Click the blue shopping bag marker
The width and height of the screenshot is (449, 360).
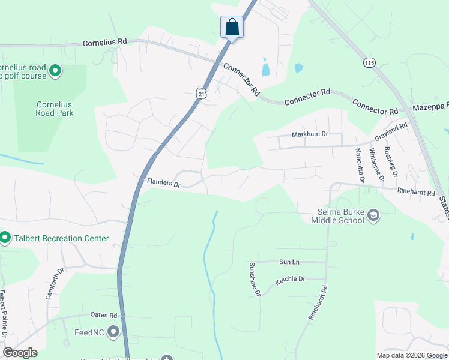click(x=232, y=28)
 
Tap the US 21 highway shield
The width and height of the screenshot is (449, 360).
click(x=201, y=93)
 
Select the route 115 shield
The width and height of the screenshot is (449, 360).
click(x=369, y=62)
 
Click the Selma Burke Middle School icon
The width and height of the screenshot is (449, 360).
click(x=373, y=215)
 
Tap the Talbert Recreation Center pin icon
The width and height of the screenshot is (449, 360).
click(x=5, y=238)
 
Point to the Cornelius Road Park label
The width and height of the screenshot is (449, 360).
click(x=54, y=108)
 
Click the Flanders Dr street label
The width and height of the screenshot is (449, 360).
click(x=164, y=182)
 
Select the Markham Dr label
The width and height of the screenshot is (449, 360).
click(x=310, y=134)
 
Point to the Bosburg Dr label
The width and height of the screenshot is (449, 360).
click(x=391, y=162)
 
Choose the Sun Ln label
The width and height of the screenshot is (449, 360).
click(x=289, y=262)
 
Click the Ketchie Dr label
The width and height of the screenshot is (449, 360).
click(x=290, y=280)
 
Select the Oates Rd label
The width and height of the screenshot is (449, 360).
click(x=103, y=315)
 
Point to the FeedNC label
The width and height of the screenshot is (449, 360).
click(x=91, y=332)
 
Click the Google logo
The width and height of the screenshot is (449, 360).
click(x=20, y=353)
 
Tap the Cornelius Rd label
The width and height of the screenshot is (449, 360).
click(x=105, y=42)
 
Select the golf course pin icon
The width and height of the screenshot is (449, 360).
click(x=55, y=71)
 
